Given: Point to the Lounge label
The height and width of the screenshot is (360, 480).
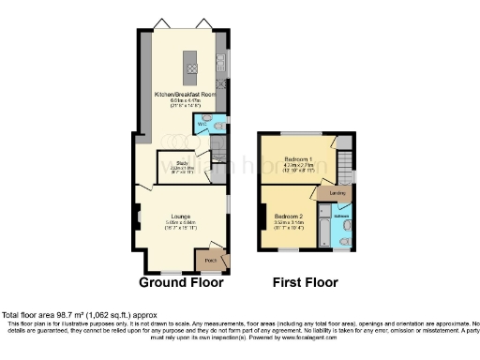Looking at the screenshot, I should coord(182,215).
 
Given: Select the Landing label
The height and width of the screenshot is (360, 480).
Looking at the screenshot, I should coord(337,193).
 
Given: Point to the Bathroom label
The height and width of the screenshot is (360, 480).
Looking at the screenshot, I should coord(341,215).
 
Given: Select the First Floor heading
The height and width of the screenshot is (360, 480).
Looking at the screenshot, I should coord(306,282).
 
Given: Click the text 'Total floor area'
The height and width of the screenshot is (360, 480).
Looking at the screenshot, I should coord(33,315).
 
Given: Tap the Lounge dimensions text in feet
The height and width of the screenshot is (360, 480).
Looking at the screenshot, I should coord(182,228).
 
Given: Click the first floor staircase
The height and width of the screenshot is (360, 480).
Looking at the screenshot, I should coord(345,170).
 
